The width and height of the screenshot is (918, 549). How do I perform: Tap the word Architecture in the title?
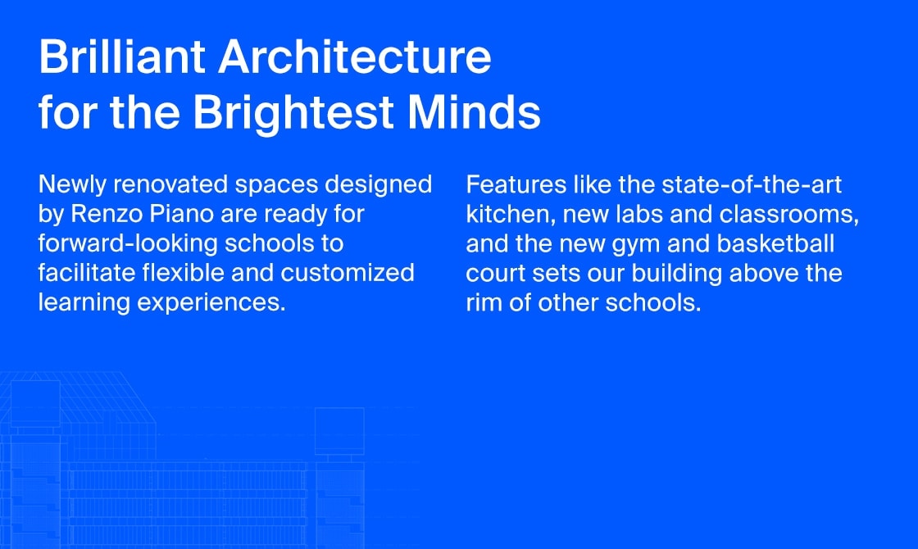click(x=355, y=57)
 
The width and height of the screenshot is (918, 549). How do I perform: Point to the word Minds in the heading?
click(x=475, y=111)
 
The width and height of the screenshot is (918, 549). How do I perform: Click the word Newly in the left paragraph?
click(x=73, y=185)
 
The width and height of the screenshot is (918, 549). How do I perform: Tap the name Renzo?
click(x=107, y=214)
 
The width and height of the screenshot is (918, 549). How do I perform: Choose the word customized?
click(x=348, y=274)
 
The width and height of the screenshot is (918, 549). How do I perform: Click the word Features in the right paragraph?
click(x=516, y=185)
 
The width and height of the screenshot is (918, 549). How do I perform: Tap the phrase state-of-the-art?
click(x=752, y=185)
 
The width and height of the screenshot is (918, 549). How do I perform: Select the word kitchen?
click(x=511, y=215)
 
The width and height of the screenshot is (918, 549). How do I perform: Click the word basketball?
click(x=775, y=244)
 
